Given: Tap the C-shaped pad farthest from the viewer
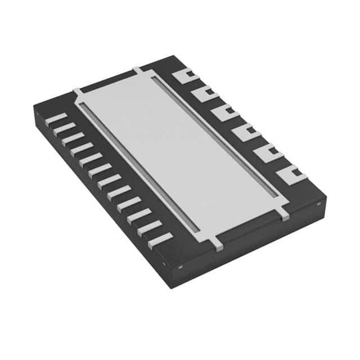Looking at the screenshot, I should pyautogui.click(x=183, y=74).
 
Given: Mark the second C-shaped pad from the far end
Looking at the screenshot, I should pyautogui.click(x=204, y=93).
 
